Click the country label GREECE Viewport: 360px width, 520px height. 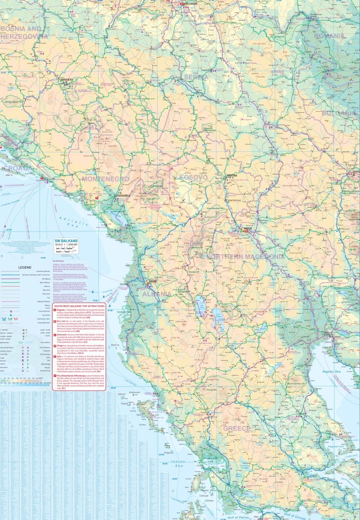237,428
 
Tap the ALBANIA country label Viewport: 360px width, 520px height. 157,294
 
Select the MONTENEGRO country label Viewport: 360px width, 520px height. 105,179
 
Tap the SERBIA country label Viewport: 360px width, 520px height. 196,77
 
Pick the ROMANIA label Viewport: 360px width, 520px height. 328,36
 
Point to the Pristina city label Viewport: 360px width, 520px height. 232,176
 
